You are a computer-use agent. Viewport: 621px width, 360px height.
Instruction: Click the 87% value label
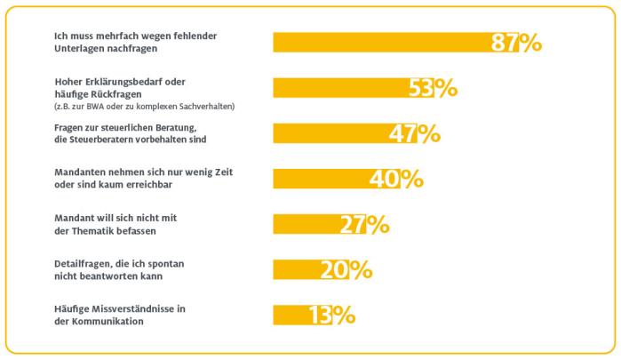[516, 43]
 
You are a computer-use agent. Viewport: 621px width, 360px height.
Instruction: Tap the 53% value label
[433, 88]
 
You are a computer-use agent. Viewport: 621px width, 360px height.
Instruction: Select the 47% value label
[415, 133]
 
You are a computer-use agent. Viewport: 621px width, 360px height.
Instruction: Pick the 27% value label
[364, 224]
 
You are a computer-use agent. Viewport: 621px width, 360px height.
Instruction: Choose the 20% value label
[346, 269]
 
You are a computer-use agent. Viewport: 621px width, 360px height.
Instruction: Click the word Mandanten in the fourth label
[78, 172]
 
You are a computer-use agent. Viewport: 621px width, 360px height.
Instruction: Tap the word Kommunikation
[105, 321]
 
